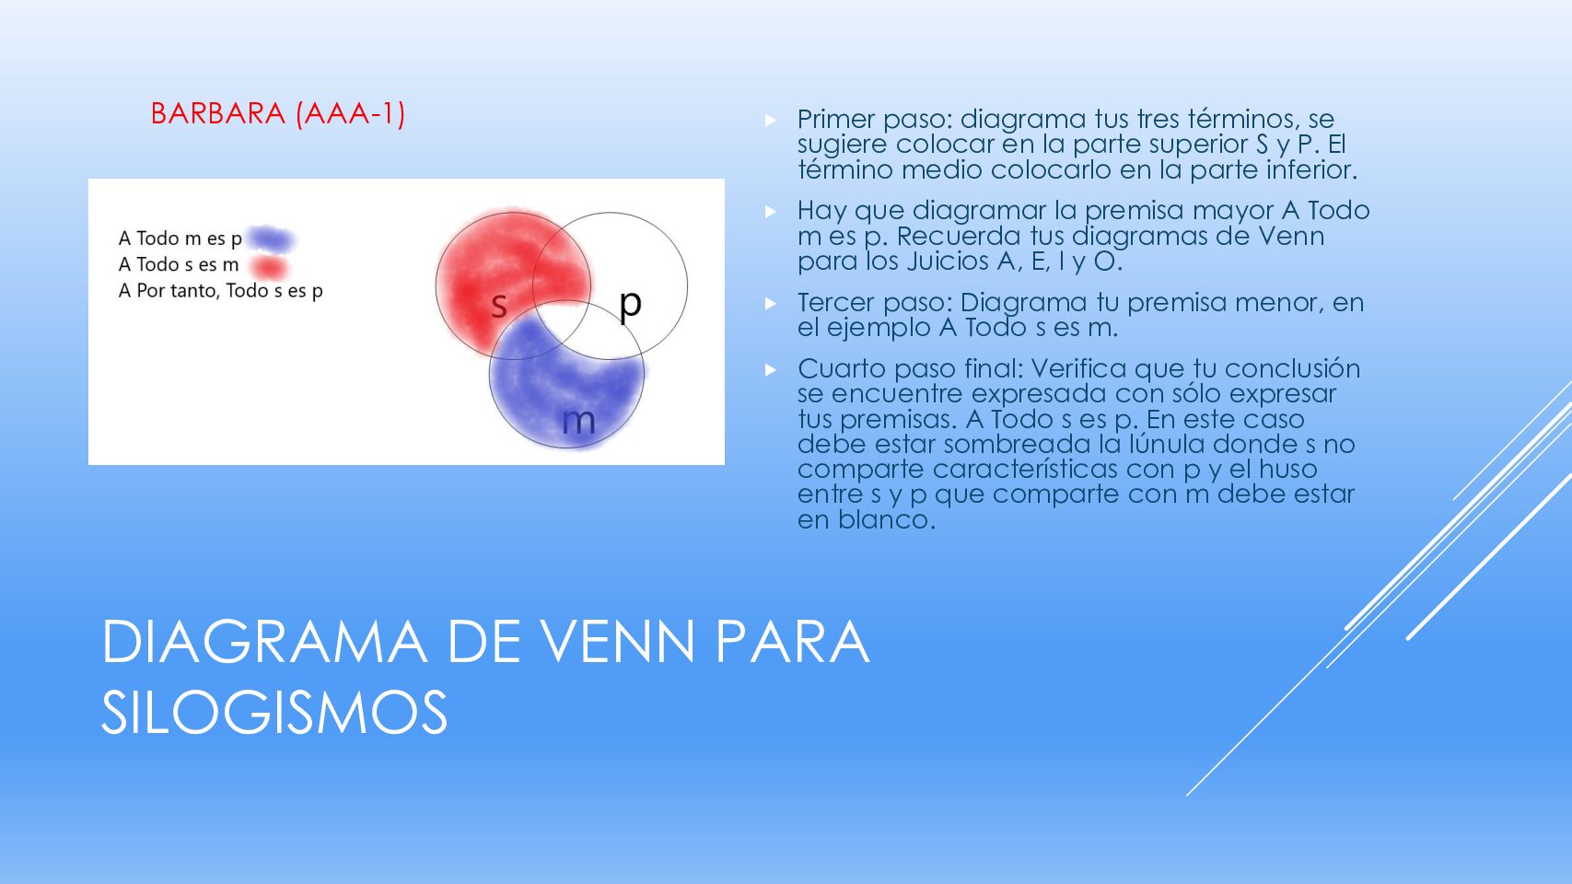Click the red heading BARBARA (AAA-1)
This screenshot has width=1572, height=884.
pyautogui.click(x=278, y=113)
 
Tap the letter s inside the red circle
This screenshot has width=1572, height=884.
pyautogui.click(x=499, y=306)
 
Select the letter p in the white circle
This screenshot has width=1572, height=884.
pyautogui.click(x=630, y=305)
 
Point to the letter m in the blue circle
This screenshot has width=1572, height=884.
pyautogui.click(x=579, y=421)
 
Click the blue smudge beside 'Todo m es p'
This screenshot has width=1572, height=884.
pyautogui.click(x=271, y=239)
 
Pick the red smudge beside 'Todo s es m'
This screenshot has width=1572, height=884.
pyautogui.click(x=270, y=267)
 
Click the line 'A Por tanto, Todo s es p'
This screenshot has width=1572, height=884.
pyautogui.click(x=220, y=290)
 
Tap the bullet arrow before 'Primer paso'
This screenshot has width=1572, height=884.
pyautogui.click(x=770, y=120)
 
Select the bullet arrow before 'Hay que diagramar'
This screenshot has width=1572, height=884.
pyautogui.click(x=770, y=211)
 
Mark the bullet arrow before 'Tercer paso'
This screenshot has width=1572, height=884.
pyautogui.click(x=770, y=303)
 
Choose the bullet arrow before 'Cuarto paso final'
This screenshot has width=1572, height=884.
pyautogui.click(x=770, y=369)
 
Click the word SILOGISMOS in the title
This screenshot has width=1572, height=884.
pyautogui.click(x=274, y=712)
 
